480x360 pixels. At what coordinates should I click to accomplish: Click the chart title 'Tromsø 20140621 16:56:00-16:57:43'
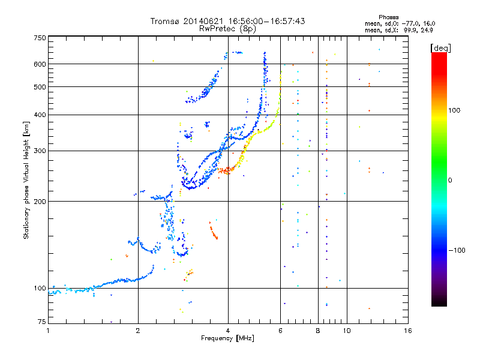click(x=227, y=21)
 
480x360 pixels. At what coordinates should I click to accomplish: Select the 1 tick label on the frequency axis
click(x=49, y=331)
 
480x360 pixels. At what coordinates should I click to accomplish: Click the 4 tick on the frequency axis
click(x=228, y=331)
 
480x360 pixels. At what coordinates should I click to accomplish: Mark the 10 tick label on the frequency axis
click(x=346, y=331)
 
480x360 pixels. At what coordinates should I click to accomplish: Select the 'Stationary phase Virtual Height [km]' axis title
click(x=26, y=180)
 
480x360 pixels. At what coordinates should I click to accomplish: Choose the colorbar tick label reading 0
click(x=451, y=180)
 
